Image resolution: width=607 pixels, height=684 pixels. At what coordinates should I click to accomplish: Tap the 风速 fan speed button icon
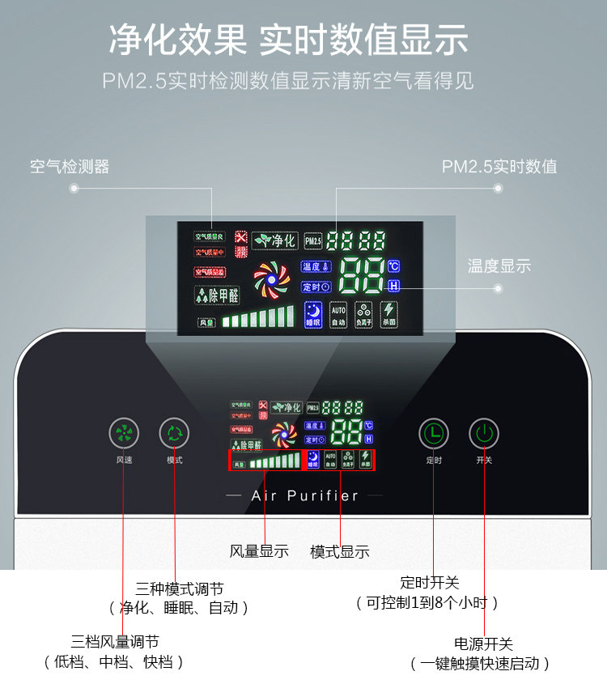[x=124, y=434]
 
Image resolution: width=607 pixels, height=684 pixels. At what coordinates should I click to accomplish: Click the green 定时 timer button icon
[x=434, y=434]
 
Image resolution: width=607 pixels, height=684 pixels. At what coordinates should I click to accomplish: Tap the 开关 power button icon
[x=484, y=434]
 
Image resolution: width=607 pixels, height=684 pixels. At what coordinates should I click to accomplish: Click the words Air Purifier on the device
[x=305, y=495]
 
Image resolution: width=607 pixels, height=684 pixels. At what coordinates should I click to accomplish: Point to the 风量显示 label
[x=259, y=551]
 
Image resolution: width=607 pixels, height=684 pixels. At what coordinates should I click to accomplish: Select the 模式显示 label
[x=340, y=551]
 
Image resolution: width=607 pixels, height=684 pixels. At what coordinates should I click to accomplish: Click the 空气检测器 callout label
[x=70, y=167]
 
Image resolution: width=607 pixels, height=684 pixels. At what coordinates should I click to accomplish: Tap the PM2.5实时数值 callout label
[x=499, y=167]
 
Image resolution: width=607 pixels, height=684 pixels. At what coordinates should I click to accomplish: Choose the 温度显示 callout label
[x=499, y=266]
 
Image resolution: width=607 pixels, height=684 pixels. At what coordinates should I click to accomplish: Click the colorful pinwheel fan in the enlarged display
[x=271, y=279]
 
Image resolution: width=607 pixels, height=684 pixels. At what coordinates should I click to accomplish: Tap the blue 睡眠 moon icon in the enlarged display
[x=313, y=314]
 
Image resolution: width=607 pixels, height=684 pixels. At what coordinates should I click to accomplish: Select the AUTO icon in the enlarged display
[x=338, y=314]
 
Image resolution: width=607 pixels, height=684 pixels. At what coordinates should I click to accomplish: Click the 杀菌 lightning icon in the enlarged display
[x=388, y=314]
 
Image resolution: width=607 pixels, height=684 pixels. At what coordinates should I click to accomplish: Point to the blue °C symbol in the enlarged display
[x=393, y=266]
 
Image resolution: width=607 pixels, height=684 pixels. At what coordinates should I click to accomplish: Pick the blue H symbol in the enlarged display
[x=394, y=286]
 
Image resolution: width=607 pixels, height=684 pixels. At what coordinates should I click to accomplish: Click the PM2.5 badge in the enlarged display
[x=313, y=240]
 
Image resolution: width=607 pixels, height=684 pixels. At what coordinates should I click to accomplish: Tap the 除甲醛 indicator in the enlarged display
[x=217, y=295]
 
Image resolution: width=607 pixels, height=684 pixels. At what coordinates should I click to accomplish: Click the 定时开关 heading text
[x=429, y=582]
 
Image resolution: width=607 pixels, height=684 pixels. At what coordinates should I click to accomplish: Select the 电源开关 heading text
[x=483, y=644]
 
